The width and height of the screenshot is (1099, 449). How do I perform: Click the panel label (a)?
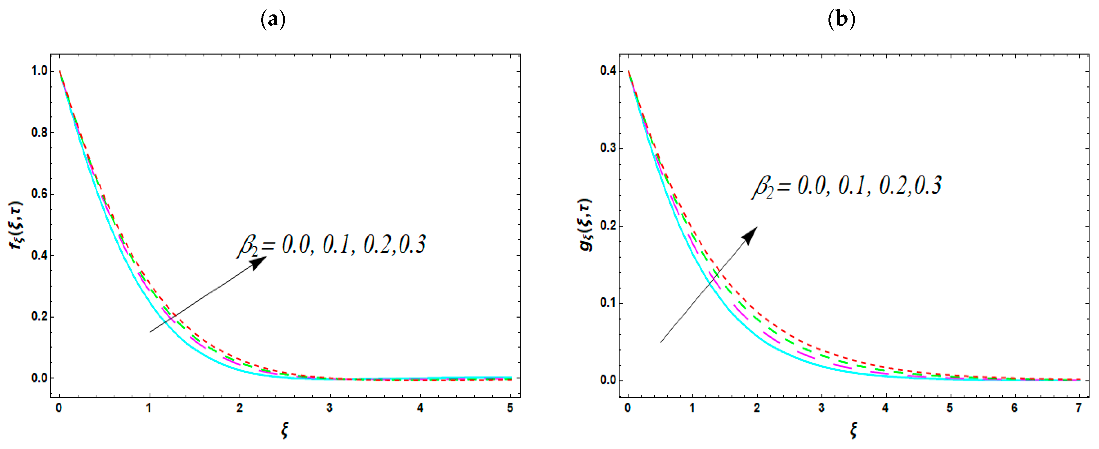pyautogui.click(x=273, y=20)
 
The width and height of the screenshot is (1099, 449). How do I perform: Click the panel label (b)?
pyautogui.click(x=841, y=20)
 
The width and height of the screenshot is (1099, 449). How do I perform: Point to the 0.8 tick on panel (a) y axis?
pyautogui.click(x=39, y=132)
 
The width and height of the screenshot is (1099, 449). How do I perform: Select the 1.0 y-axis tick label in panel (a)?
pyautogui.click(x=39, y=71)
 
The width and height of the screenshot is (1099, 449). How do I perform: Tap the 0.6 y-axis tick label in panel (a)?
pyautogui.click(x=39, y=194)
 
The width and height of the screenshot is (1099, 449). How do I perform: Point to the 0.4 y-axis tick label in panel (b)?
pyautogui.click(x=608, y=71)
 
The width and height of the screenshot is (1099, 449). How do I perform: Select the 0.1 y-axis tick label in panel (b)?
pyautogui.click(x=608, y=303)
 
